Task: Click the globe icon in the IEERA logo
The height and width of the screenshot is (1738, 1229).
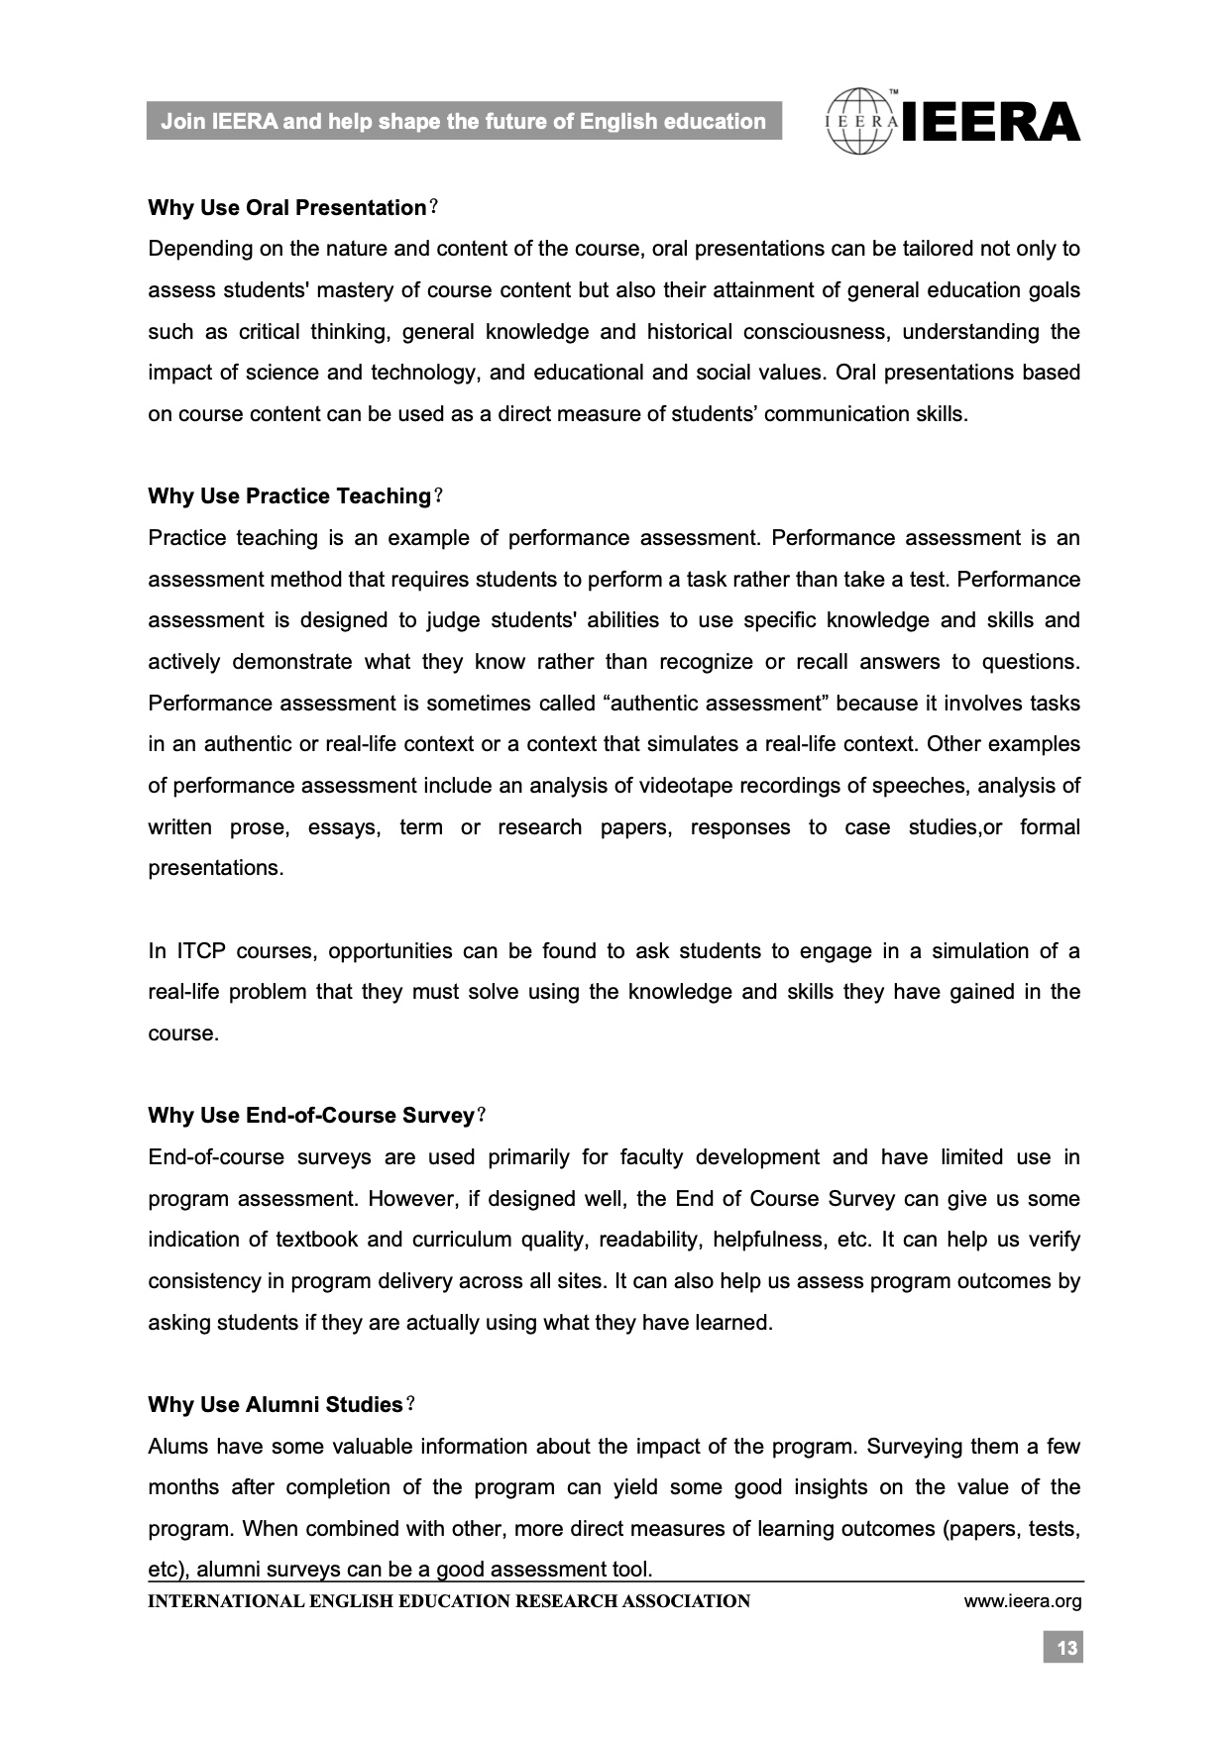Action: click(x=861, y=122)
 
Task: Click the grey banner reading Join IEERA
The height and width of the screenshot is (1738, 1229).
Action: click(x=464, y=122)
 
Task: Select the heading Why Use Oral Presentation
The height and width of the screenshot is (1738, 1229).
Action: click(x=287, y=208)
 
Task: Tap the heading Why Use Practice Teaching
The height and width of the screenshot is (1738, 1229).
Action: click(x=289, y=496)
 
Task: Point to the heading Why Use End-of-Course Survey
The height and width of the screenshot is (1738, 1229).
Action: click(x=311, y=1116)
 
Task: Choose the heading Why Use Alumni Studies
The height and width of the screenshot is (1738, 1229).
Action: click(x=276, y=1405)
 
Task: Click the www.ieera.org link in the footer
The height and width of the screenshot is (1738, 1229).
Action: click(x=1023, y=1601)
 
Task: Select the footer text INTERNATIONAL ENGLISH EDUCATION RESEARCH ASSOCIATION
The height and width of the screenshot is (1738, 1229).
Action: click(x=449, y=1601)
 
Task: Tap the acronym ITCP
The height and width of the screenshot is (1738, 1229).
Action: click(x=201, y=951)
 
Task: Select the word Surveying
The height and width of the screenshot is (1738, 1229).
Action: click(x=915, y=1447)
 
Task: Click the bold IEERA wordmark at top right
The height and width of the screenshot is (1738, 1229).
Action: click(x=991, y=122)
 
